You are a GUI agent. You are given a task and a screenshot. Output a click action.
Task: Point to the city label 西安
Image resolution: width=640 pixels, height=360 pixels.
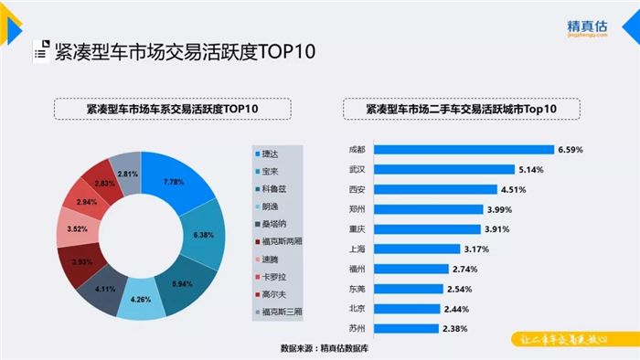click(x=356, y=189)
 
